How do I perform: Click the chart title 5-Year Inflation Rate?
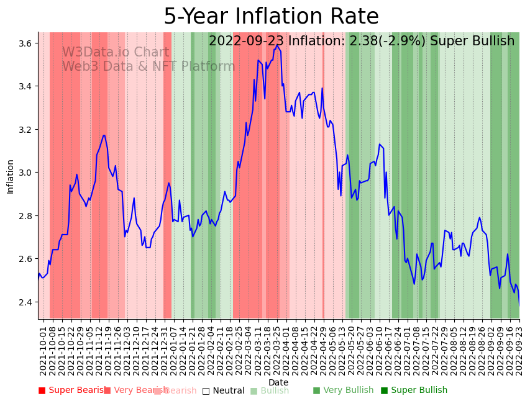click(271, 17)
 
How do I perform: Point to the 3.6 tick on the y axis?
click(25, 43)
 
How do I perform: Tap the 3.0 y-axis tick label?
click(25, 173)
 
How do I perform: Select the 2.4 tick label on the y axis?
click(25, 302)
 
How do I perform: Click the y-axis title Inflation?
click(11, 176)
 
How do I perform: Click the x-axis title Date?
click(278, 382)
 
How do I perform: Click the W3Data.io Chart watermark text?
click(116, 52)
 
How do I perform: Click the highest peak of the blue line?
click(277, 45)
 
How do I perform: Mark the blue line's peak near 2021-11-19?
click(104, 135)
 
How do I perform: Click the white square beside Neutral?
click(206, 390)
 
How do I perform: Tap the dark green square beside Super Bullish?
click(384, 390)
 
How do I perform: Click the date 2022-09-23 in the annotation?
click(246, 42)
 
